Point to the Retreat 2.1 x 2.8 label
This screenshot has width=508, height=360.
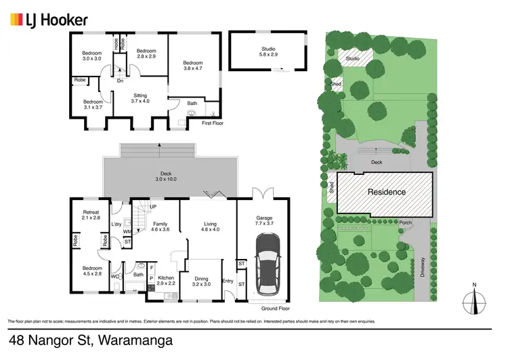point(90,216)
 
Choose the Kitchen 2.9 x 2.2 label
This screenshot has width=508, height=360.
point(167,281)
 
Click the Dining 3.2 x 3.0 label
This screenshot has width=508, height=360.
point(202,281)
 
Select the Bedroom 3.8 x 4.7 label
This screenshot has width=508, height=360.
point(193,66)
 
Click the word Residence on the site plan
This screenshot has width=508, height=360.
point(387,192)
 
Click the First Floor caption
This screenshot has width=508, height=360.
point(212,123)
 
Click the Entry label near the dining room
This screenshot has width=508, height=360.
point(227,282)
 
